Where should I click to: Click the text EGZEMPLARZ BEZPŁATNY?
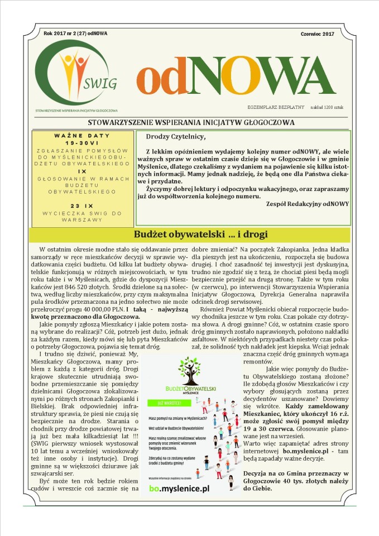click(x=270, y=105)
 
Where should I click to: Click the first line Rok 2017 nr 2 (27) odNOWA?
click(x=76, y=34)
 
